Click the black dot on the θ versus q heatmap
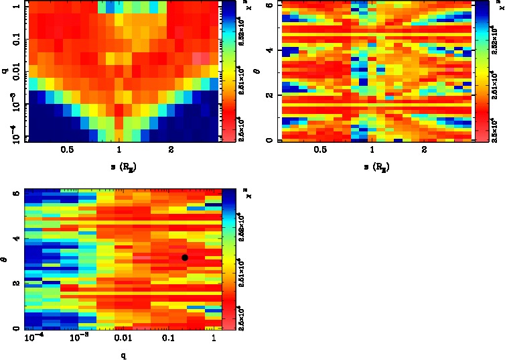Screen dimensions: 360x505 [185, 257]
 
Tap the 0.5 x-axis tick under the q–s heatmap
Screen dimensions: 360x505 [67, 152]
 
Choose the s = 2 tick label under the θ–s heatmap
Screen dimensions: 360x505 [423, 152]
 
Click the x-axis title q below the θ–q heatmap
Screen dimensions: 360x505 [123, 354]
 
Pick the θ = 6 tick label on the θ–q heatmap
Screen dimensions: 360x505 [16, 194]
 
